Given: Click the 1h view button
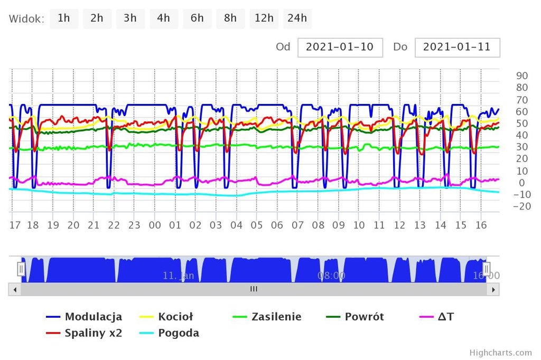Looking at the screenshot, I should (x=64, y=18).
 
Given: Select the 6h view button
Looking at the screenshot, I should (x=197, y=18).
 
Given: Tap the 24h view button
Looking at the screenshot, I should (x=297, y=18).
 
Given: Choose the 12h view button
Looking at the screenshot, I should (x=264, y=18).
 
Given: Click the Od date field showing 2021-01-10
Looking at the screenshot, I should (x=340, y=47).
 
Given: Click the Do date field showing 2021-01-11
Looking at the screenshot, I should (x=457, y=47).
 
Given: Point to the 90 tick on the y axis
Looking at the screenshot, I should (x=522, y=75).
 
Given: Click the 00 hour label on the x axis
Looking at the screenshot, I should (x=154, y=225).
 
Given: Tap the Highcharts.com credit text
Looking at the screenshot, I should (x=500, y=353).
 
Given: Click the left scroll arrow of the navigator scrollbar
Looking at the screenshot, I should (x=14, y=289).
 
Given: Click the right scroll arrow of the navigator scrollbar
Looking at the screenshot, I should (x=493, y=289).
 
